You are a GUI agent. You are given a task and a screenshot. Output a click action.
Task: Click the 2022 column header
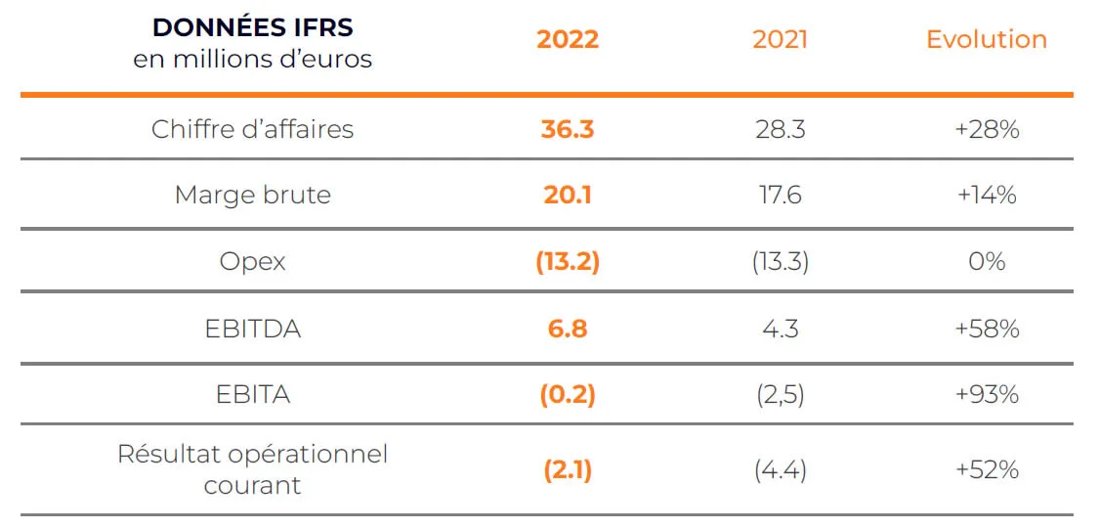tap(567, 40)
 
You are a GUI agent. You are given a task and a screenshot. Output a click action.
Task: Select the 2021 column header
tap(780, 40)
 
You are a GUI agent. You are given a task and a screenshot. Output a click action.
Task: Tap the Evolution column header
tap(987, 40)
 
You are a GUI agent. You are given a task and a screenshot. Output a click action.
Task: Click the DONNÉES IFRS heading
tap(252, 28)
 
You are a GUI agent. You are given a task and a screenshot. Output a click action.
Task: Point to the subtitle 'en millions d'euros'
tap(252, 59)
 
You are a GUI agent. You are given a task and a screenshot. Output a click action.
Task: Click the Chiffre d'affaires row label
tap(252, 129)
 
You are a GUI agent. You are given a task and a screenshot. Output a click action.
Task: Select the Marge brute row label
tap(252, 196)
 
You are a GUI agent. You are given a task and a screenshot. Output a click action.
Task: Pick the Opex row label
tap(252, 262)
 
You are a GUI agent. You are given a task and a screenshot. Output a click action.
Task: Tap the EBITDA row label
tap(252, 329)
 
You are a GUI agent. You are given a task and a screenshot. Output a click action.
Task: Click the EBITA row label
tap(252, 395)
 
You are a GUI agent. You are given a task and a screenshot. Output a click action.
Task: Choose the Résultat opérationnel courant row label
tap(252, 469)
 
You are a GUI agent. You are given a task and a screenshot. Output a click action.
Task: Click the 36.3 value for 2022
tap(567, 129)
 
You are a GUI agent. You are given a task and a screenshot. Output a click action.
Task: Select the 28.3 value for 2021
tap(780, 129)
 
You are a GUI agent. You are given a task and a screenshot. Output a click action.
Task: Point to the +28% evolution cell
tap(987, 129)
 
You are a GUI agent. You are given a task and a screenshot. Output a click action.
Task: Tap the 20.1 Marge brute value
tap(567, 196)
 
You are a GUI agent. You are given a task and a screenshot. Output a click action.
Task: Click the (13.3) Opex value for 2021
tap(780, 262)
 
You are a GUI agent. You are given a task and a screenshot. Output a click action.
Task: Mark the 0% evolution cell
tap(987, 262)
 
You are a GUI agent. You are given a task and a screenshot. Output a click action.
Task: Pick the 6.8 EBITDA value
tap(567, 329)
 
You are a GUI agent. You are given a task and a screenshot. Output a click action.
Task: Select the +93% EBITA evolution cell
tap(987, 395)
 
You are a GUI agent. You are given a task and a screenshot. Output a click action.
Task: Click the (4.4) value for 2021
tap(780, 470)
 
